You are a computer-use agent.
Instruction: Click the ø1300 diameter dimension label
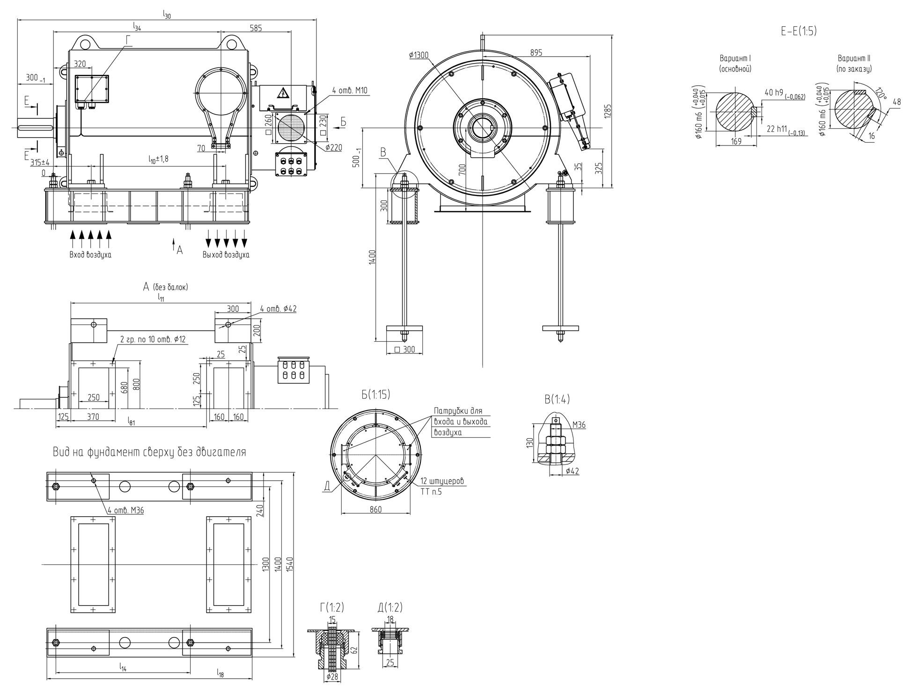coord(418,55)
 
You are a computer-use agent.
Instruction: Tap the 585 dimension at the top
coord(256,28)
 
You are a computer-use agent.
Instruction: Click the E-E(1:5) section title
coord(798,31)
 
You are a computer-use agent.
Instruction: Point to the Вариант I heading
coord(735,59)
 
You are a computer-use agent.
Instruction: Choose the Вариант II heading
coord(854,59)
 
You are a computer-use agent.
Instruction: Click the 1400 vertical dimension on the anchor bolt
coord(372,257)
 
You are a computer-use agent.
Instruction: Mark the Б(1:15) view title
coord(375,395)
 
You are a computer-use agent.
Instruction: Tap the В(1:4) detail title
coord(557,399)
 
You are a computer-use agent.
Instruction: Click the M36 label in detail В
coord(579,425)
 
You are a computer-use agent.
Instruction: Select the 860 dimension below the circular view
coord(375,509)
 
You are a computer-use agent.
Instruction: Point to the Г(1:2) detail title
coord(331,607)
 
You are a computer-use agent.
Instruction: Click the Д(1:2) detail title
coord(389,607)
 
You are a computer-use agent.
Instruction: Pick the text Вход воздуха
coord(90,255)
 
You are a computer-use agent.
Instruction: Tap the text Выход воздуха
coord(226,255)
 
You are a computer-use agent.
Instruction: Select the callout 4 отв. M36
coord(125,510)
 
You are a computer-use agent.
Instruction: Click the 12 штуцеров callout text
coord(442,481)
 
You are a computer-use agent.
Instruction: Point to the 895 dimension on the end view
coord(536,53)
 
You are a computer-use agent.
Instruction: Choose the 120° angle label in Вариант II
coord(881,93)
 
